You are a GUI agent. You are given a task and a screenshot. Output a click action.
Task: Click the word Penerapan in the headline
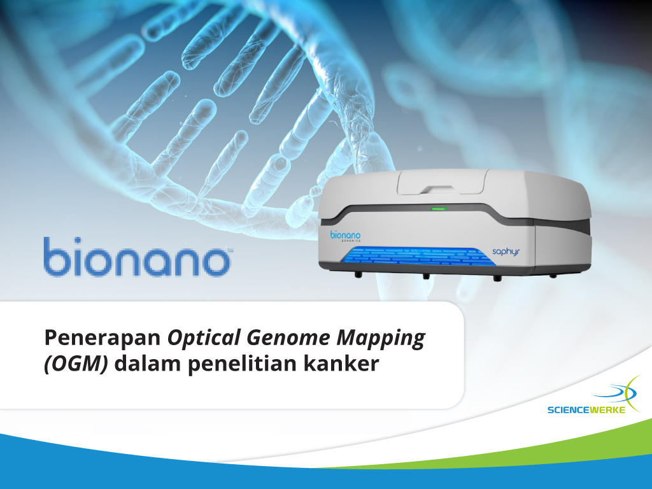click(x=103, y=337)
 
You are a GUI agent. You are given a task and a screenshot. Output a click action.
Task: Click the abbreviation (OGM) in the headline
click(x=76, y=364)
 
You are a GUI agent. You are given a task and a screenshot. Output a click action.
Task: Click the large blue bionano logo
click(x=138, y=257)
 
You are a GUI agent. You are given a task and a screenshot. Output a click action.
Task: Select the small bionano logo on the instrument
click(x=345, y=236)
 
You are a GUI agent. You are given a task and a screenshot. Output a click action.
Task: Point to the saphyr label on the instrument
click(x=506, y=252)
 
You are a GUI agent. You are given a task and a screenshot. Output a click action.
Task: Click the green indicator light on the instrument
click(x=439, y=208)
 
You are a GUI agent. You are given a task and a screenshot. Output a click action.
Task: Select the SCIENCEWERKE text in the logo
click(x=586, y=410)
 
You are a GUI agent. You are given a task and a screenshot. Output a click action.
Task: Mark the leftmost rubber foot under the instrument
click(x=357, y=275)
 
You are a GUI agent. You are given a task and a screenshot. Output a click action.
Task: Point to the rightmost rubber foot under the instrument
click(x=553, y=275)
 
